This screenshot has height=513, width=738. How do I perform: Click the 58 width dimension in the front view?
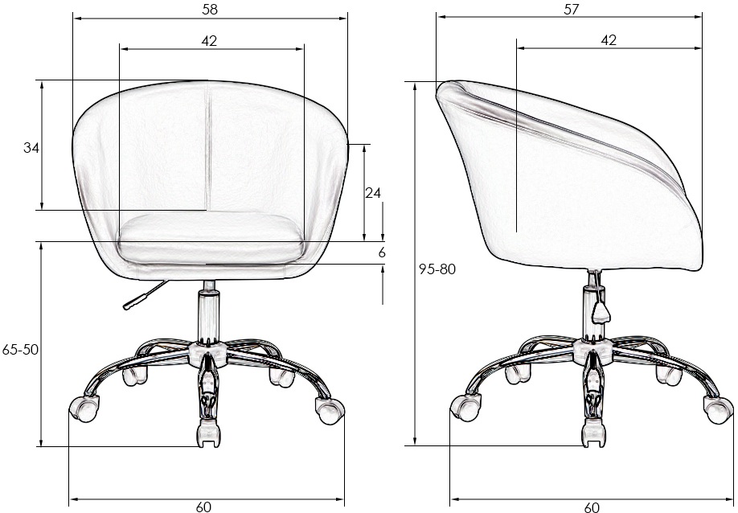click(x=210, y=10)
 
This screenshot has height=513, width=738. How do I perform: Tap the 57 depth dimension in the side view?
click(x=571, y=10)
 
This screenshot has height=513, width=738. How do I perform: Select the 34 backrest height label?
click(x=31, y=148)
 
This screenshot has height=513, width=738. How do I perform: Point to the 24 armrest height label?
click(x=373, y=192)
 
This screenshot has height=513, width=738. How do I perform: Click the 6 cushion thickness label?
click(x=382, y=252)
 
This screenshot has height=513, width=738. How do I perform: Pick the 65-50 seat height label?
click(x=20, y=350)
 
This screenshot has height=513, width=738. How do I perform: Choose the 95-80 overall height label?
click(x=437, y=269)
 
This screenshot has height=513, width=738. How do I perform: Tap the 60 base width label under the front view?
click(x=203, y=507)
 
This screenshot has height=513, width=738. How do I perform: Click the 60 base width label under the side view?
click(x=592, y=507)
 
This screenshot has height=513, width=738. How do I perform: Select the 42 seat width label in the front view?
click(x=210, y=41)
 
